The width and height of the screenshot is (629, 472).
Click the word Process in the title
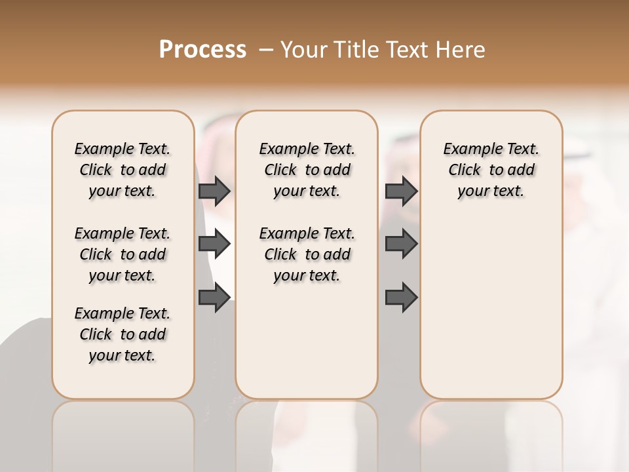coord(202,49)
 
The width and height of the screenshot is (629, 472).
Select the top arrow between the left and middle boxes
coord(214,191)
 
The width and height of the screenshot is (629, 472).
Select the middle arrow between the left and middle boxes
coord(214,245)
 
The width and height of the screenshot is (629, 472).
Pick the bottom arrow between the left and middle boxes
coord(214,298)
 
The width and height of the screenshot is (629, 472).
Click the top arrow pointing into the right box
coord(401,191)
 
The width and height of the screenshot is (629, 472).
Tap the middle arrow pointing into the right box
coord(401,245)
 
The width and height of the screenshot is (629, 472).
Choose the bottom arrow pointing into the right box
coord(401,298)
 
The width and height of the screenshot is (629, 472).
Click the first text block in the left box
coord(123,170)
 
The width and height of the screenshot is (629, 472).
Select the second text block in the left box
coord(123,254)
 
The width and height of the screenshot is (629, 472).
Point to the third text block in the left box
coord(123,334)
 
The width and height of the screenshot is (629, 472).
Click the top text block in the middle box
coord(307,170)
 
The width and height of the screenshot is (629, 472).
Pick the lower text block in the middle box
coord(307,254)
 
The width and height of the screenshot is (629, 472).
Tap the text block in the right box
coord(491,170)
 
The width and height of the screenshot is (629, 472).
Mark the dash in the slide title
coord(265,50)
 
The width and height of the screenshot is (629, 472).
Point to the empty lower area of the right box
coord(491,308)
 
